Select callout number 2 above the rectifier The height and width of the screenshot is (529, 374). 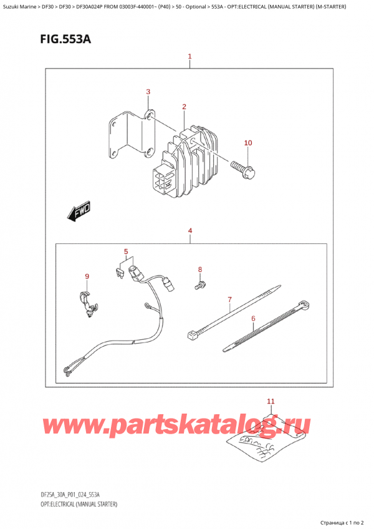pyautogui.click(x=185, y=107)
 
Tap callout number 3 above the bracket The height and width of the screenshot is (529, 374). pyautogui.click(x=148, y=92)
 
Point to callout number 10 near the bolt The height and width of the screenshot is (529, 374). pyautogui.click(x=247, y=143)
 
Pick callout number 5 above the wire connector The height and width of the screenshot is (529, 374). pyautogui.click(x=126, y=252)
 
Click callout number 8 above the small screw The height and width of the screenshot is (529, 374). pyautogui.click(x=200, y=269)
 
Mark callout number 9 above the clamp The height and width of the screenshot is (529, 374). pyautogui.click(x=87, y=276)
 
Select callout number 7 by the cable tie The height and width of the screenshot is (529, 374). pyautogui.click(x=229, y=300)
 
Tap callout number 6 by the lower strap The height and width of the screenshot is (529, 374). pyautogui.click(x=253, y=319)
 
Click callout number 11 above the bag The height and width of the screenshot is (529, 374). pyautogui.click(x=270, y=400)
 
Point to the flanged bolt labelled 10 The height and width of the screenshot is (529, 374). pyautogui.click(x=243, y=168)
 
